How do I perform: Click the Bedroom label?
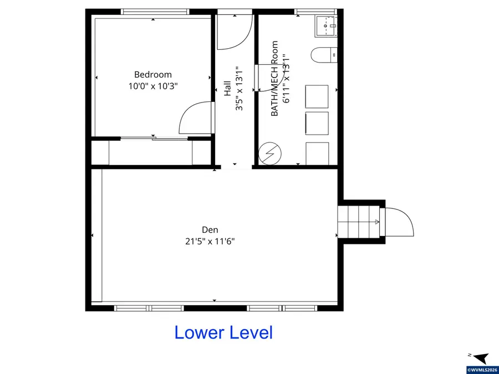tap(153, 74)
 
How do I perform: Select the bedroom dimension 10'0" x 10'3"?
tap(153, 86)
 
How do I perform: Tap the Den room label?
tap(210, 229)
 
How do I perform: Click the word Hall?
tap(227, 89)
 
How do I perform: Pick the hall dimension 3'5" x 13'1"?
tap(239, 89)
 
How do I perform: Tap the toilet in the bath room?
tap(323, 55)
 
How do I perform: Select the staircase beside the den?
tap(359, 222)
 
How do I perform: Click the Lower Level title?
tap(223, 332)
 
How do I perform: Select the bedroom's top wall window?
tap(155, 12)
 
